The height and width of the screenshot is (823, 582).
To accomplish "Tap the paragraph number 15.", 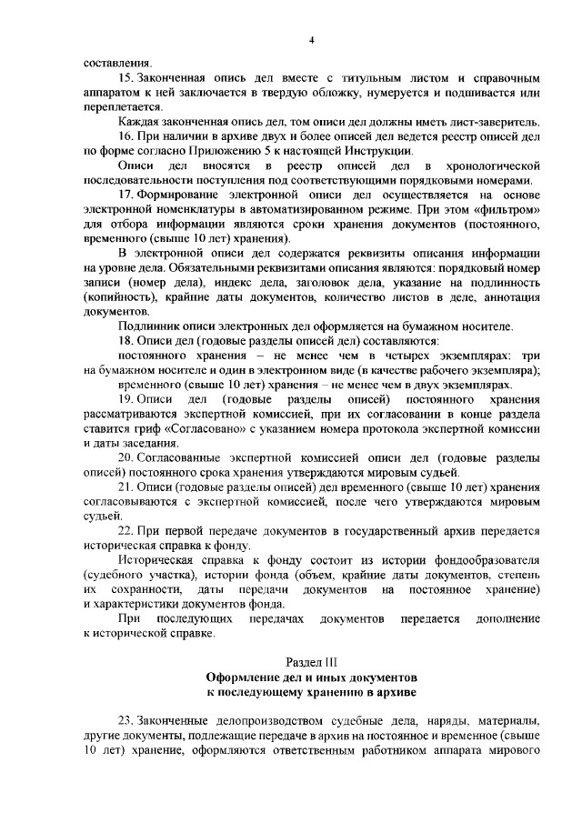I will pos(127,81).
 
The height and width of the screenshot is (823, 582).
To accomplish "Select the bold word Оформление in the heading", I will pos(245,678).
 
